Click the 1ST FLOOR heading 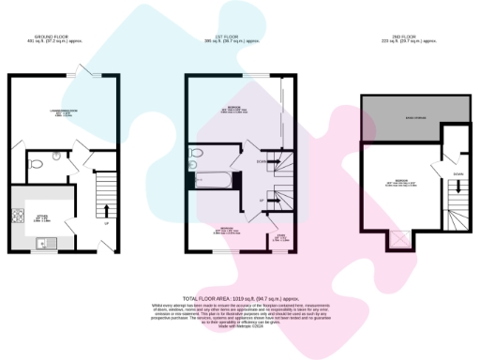231,39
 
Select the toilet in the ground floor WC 34,165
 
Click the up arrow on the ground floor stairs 106,209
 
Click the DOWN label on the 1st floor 261,160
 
